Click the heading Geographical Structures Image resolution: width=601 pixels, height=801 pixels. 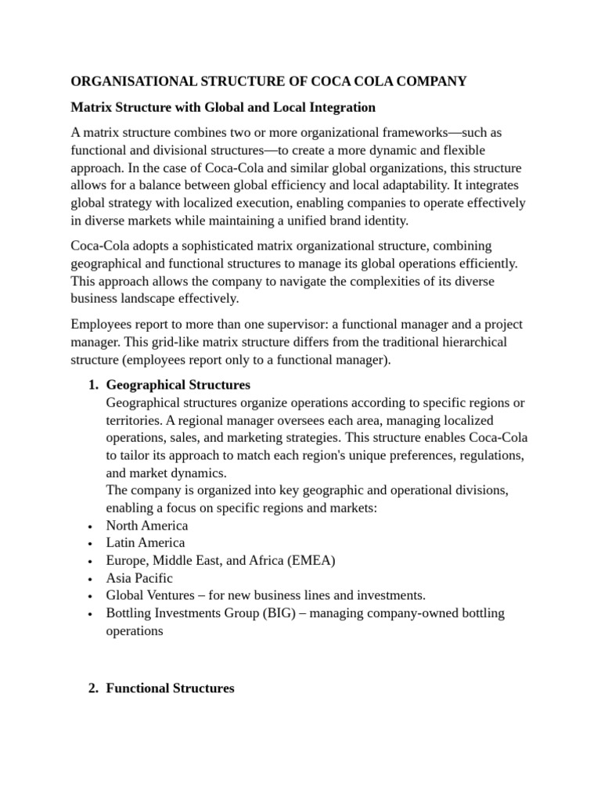(178, 385)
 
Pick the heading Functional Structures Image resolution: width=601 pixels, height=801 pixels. (170, 688)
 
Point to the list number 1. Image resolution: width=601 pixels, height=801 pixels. (92, 385)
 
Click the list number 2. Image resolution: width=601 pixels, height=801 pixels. (92, 688)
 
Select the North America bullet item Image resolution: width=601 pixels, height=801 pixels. (146, 526)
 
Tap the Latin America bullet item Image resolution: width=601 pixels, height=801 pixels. (146, 543)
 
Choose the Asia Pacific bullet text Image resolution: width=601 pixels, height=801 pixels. (139, 578)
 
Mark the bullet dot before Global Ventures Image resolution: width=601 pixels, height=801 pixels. (92, 596)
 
